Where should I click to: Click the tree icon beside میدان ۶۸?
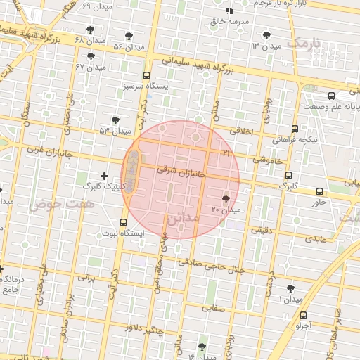tap(90, 30)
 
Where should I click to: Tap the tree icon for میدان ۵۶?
tap(129, 36)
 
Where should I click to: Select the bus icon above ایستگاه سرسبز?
tap(146, 75)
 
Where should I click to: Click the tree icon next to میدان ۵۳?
tap(115, 120)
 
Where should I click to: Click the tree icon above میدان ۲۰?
tap(226, 200)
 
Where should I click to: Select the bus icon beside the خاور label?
tap(320, 191)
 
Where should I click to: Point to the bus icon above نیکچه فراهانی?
tap(294, 129)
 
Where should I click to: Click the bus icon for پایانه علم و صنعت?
tap(331, 96)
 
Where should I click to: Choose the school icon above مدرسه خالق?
tap(229, 11)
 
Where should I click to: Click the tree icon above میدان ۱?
tap(290, 288)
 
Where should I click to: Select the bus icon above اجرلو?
tap(302, 315)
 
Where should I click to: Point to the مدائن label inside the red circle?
tap(183, 219)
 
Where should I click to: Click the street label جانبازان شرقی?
tap(180, 171)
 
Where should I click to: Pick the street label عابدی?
tap(316, 239)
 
